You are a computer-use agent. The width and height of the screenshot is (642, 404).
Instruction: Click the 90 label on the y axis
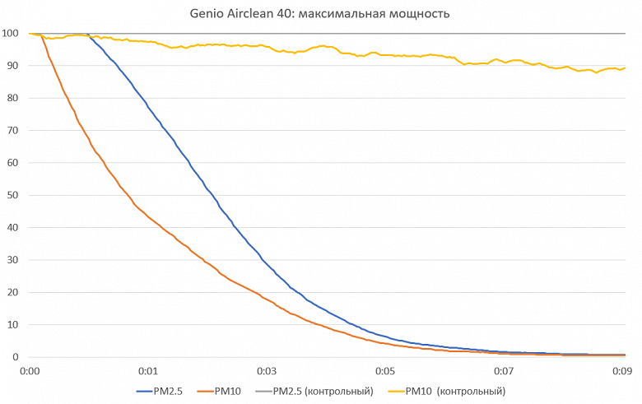coord(12,66)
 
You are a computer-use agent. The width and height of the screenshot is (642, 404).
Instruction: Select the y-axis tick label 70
coord(12,131)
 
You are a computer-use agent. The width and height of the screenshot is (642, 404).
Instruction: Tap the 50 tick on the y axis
coord(12,196)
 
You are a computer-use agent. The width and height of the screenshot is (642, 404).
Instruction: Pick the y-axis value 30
coord(12,260)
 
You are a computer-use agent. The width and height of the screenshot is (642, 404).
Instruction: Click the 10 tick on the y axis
coord(12,325)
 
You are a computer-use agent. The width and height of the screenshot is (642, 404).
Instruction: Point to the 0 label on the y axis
coord(15,357)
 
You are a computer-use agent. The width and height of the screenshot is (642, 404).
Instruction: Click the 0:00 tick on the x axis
coord(30,370)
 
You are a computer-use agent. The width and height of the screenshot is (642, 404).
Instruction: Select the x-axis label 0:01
coord(148,370)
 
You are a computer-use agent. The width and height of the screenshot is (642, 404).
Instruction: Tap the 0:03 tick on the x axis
coord(267,370)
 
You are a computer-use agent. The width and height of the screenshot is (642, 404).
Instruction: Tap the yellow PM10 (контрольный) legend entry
coord(458,391)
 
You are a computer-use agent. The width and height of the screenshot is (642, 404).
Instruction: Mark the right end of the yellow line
coord(625,68)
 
